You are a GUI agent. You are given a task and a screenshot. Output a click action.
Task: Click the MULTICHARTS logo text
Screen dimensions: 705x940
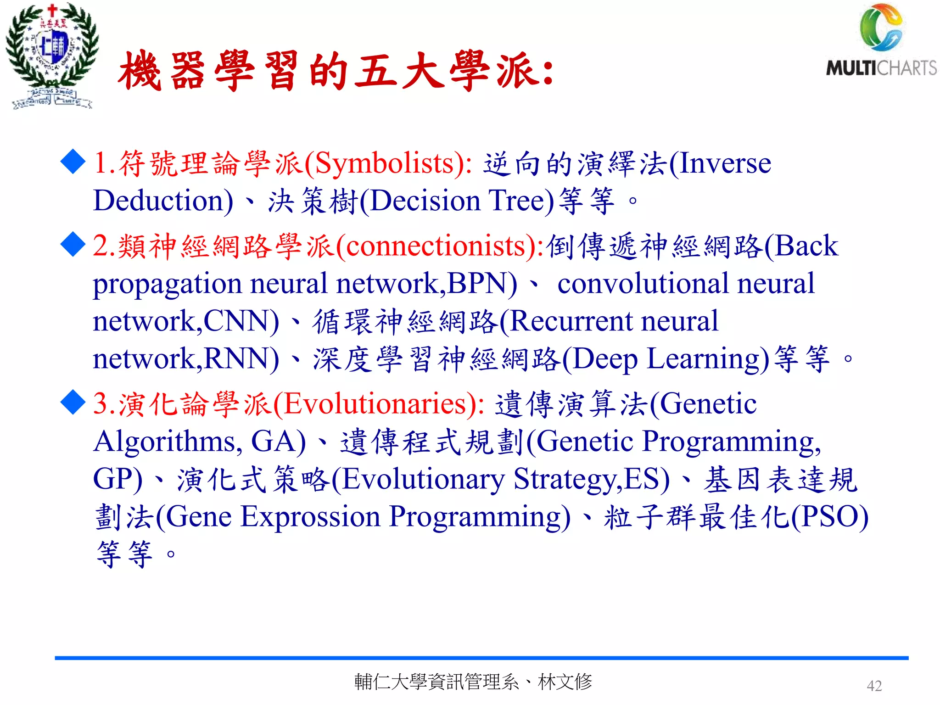coord(881,68)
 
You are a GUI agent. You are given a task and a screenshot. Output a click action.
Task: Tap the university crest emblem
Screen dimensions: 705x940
coord(51,55)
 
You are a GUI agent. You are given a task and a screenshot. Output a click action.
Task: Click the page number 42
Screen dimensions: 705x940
coord(874,686)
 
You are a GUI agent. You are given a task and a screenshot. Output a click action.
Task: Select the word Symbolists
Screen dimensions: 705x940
coord(384,163)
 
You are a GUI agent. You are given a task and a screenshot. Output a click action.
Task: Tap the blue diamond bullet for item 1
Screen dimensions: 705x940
coord(73,162)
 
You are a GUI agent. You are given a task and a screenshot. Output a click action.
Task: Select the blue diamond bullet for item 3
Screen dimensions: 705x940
coord(73,402)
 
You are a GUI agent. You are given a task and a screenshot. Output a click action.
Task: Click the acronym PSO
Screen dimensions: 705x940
coord(830,517)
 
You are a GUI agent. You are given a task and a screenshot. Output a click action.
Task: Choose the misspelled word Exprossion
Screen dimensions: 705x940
coord(310,517)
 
